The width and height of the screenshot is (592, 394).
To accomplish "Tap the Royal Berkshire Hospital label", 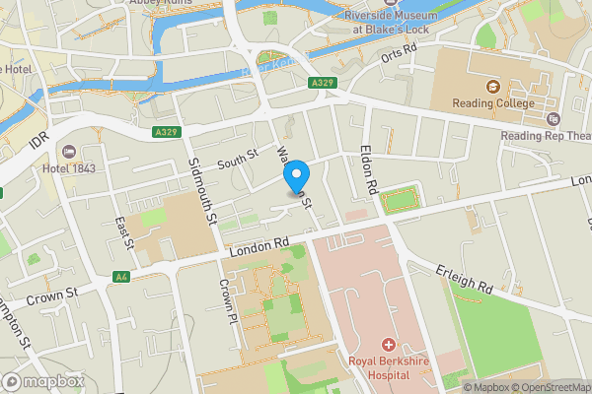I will [x=388, y=367].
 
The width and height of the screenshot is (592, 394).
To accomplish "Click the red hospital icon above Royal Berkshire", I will [x=389, y=346].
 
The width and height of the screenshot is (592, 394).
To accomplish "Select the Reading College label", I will [x=493, y=103].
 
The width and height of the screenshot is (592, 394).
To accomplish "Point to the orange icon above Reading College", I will [x=493, y=86].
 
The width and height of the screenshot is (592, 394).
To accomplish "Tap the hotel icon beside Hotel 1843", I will [x=68, y=152].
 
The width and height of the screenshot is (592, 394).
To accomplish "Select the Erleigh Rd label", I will [x=467, y=281].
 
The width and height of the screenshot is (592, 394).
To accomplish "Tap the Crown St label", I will [x=51, y=295].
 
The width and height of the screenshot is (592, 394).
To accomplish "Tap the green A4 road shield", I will [x=121, y=277].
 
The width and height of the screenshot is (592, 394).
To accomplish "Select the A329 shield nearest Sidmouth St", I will [x=165, y=131].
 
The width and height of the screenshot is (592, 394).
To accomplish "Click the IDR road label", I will [x=37, y=144].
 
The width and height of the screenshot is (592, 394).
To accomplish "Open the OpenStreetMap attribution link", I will [x=553, y=387].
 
